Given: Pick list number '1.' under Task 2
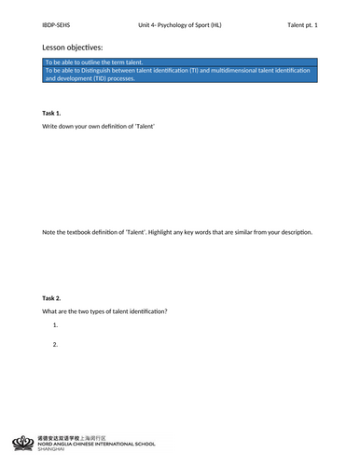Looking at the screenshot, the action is (x=56, y=325).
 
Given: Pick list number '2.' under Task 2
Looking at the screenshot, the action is (x=56, y=345).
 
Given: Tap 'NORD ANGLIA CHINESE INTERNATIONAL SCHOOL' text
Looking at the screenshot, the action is (x=97, y=444).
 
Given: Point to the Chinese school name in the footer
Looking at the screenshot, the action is (x=71, y=437).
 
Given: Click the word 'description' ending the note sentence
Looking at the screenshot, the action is (x=296, y=232).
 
